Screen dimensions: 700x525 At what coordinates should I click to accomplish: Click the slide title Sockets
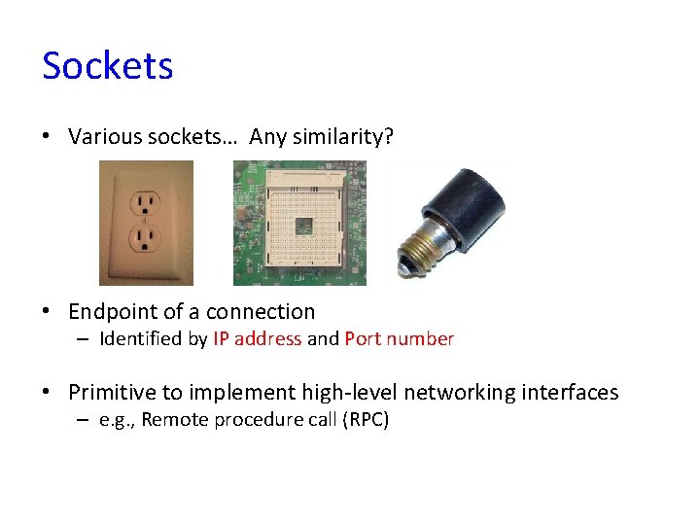(108, 66)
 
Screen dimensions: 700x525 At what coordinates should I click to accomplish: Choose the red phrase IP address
(258, 339)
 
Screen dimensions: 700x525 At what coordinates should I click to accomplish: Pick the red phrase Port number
(400, 339)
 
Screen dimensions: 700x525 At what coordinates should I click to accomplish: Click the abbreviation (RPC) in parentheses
(364, 420)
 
